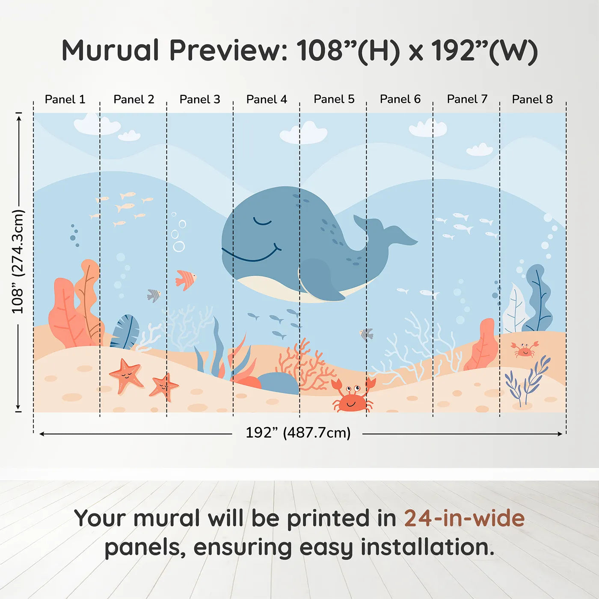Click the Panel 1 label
[65, 99]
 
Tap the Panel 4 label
[267, 99]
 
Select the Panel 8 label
[532, 99]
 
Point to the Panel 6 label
[400, 99]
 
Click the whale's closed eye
[262, 222]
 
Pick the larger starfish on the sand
[126, 375]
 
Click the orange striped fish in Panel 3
[186, 279]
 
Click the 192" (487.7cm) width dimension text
[298, 433]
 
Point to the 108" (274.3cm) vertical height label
[18, 261]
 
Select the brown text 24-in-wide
[464, 518]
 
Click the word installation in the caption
[427, 547]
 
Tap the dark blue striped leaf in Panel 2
[125, 332]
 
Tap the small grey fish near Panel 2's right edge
[154, 295]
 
